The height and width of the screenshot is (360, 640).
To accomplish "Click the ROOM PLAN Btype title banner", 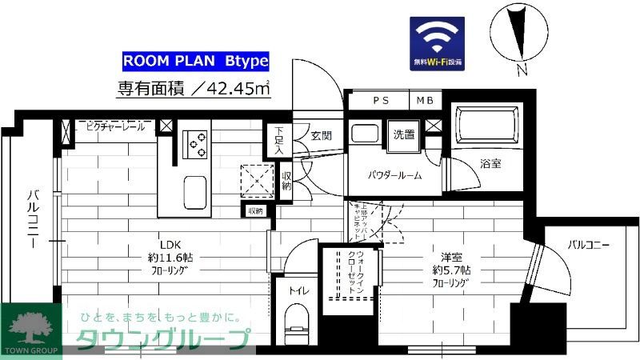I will [x=194, y=60].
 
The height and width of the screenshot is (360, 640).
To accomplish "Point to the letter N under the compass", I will [x=522, y=70].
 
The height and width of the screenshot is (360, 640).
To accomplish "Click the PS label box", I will [x=379, y=101].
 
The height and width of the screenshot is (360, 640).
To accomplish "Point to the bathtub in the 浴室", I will [x=486, y=126].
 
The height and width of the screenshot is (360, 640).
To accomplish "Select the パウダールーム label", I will [x=394, y=174].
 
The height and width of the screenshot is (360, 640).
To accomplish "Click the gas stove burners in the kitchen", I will [x=194, y=145].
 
